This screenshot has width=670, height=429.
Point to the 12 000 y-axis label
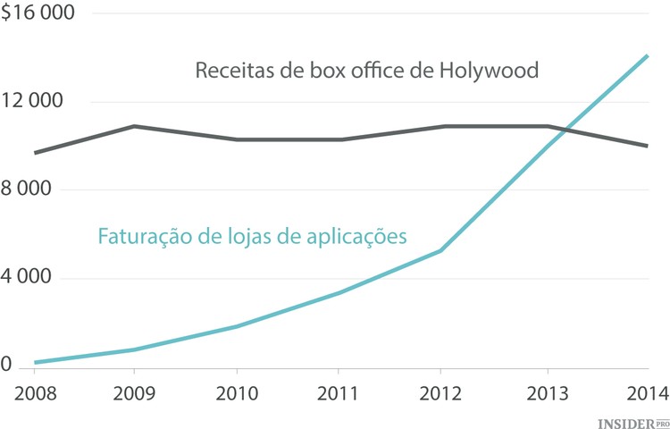click(32, 101)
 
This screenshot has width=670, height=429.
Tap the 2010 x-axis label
click(236, 393)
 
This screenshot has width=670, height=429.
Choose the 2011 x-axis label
click(338, 393)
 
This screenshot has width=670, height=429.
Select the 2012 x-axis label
click(440, 393)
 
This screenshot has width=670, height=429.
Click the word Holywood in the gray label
click(490, 70)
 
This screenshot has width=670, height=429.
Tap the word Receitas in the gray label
click(230, 70)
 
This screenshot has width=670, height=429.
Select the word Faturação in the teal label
click(141, 237)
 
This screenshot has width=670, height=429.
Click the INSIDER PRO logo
click(632, 419)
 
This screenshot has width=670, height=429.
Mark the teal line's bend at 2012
click(440, 250)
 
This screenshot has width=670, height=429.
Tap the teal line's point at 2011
click(338, 292)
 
